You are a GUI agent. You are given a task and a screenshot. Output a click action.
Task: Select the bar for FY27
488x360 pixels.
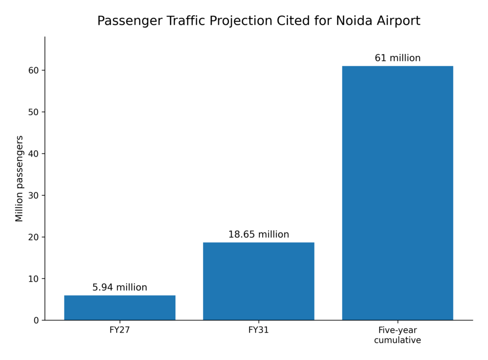(120, 308)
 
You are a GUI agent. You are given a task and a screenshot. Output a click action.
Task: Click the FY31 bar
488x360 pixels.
(259, 281)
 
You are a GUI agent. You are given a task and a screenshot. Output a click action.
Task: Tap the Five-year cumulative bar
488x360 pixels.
(397, 193)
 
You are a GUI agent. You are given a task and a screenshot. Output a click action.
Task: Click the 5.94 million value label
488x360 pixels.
(120, 287)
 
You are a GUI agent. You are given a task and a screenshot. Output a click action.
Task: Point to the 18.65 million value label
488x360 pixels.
(259, 234)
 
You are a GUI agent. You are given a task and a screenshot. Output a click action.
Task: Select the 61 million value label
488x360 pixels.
(397, 58)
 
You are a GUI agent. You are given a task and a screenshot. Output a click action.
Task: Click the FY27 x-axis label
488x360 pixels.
(120, 330)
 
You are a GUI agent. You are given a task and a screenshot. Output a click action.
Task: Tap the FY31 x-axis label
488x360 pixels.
(259, 330)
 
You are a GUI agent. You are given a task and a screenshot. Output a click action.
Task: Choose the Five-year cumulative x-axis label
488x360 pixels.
(397, 335)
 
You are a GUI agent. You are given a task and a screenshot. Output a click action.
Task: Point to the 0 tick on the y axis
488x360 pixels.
(36, 320)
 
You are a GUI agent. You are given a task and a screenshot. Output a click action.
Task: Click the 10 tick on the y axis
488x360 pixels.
(34, 279)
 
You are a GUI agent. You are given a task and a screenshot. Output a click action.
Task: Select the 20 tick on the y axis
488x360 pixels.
(34, 237)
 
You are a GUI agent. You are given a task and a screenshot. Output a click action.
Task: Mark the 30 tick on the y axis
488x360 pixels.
(34, 196)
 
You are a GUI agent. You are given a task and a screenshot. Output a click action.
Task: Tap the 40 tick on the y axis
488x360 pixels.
(34, 154)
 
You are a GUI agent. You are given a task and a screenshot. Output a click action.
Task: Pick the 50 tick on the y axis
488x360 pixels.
(34, 112)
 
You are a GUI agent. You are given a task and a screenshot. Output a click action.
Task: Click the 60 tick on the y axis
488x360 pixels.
(34, 70)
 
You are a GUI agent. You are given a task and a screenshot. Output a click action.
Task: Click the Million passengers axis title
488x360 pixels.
(19, 179)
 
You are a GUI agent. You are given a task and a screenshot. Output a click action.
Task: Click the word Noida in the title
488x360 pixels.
(354, 21)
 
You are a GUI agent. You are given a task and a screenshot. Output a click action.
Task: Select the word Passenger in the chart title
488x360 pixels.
(130, 21)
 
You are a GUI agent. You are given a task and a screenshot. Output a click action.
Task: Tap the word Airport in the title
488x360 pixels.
(399, 21)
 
